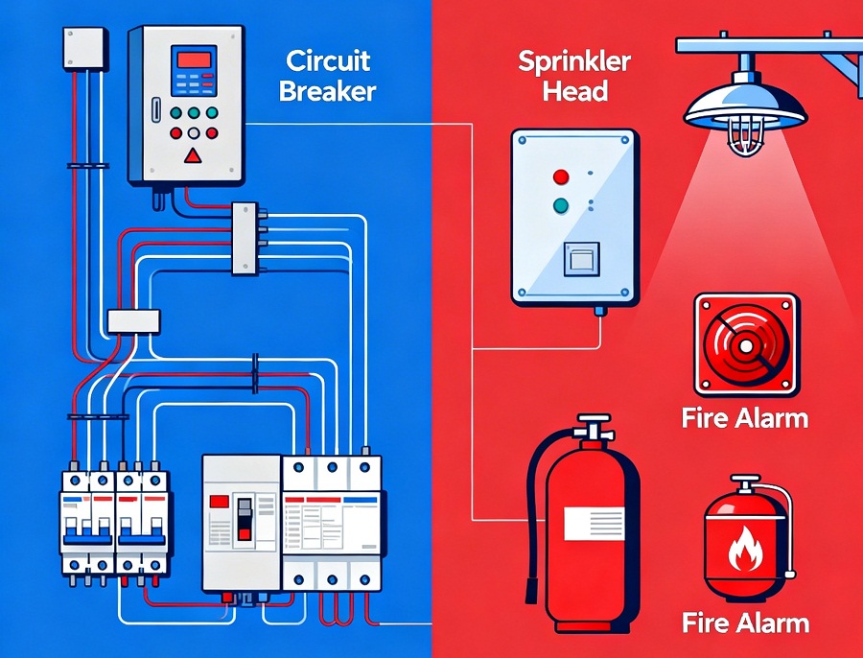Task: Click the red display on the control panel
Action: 195,60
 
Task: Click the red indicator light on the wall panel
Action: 561,176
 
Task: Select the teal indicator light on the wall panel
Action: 561,204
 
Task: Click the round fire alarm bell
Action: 744,346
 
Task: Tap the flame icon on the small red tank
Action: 744,553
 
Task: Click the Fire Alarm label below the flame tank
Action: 745,623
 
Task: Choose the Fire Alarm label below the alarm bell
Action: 745,418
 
